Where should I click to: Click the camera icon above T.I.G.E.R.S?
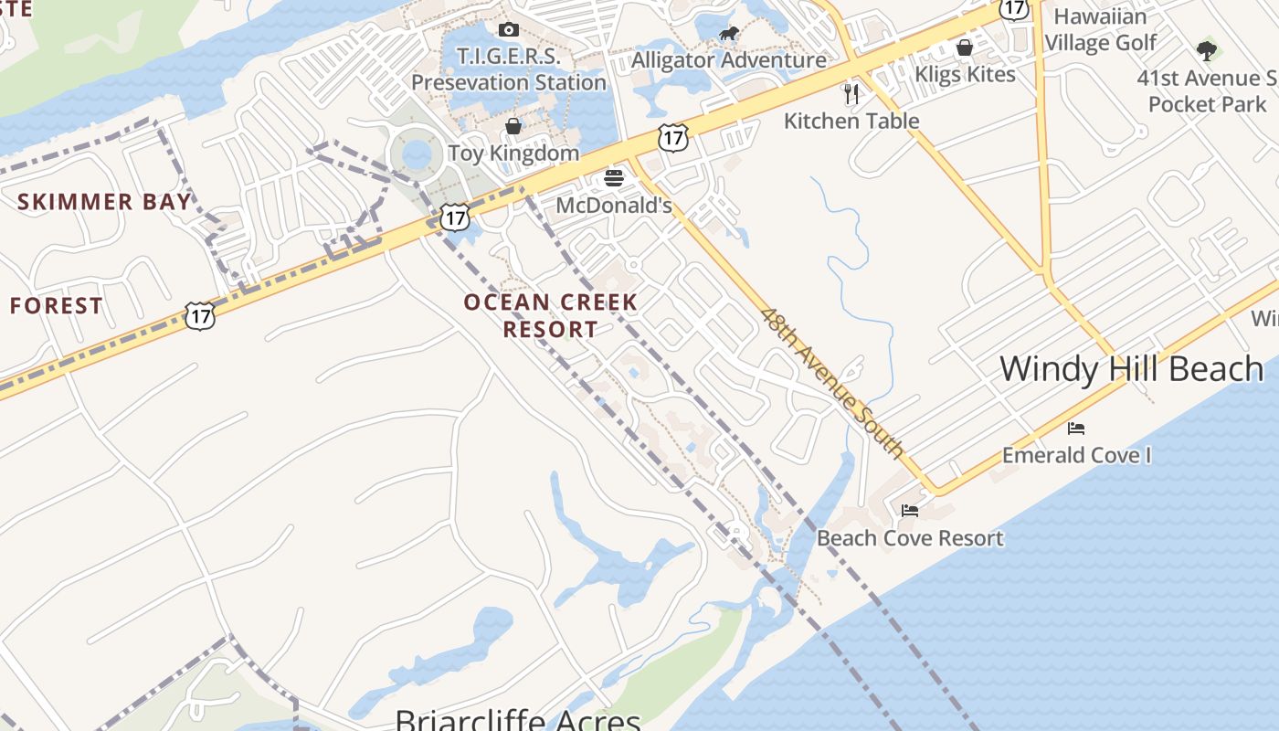(x=509, y=30)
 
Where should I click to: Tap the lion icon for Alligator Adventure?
(x=728, y=35)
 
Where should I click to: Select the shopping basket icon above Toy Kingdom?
(x=513, y=126)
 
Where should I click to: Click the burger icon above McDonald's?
(x=614, y=177)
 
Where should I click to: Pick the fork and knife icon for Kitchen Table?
(x=851, y=93)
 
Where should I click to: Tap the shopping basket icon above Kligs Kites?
(x=965, y=48)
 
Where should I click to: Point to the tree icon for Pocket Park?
(x=1207, y=50)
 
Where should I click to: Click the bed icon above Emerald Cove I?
(x=1076, y=429)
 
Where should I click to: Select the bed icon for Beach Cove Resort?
(x=910, y=511)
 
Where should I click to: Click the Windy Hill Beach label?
(x=1131, y=369)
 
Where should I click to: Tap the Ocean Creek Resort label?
(x=550, y=315)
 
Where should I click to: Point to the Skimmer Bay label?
(x=105, y=202)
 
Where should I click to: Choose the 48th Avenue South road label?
(x=831, y=383)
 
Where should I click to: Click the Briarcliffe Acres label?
(x=518, y=720)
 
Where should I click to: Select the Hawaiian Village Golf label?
(x=1100, y=29)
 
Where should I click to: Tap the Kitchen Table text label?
(x=851, y=121)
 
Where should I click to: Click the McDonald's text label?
(x=614, y=206)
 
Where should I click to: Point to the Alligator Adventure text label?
(x=729, y=60)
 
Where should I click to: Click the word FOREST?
(x=57, y=306)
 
